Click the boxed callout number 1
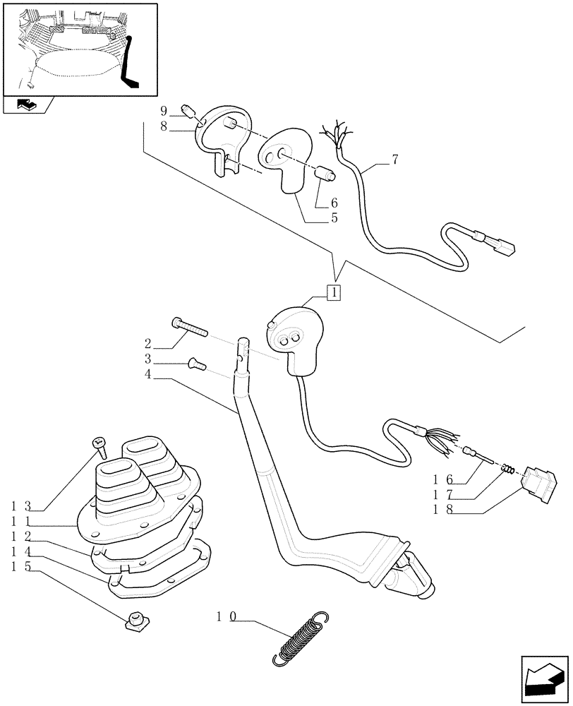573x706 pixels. click(x=333, y=292)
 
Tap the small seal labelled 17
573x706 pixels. click(x=507, y=469)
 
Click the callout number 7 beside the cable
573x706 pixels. click(x=395, y=160)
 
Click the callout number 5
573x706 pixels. click(x=334, y=218)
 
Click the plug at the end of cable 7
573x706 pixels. click(x=501, y=245)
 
